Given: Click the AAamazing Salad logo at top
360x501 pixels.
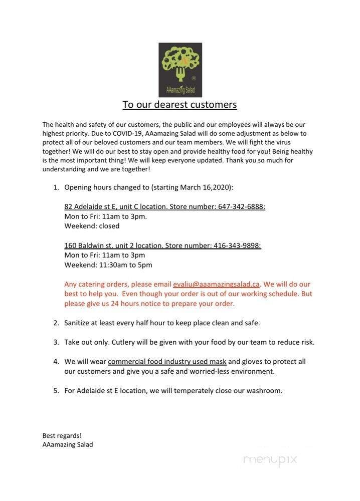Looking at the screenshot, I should click(180, 70).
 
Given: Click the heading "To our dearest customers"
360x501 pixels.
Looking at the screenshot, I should click(179, 104).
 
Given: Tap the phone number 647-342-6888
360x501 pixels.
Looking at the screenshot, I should click(241, 206).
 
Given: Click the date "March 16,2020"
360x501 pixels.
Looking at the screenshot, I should click(207, 187).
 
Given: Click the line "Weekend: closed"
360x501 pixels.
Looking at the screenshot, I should click(92, 225).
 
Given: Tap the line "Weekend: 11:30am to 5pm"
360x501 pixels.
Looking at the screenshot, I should click(108, 265).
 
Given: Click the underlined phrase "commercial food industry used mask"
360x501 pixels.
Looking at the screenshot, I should click(167, 361).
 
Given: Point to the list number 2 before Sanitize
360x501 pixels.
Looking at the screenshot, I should click(56, 323).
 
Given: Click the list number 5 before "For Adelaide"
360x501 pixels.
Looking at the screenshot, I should click(56, 390).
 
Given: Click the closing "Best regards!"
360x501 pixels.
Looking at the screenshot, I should click(62, 435).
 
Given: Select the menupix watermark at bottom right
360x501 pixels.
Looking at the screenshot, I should click(270, 459).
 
